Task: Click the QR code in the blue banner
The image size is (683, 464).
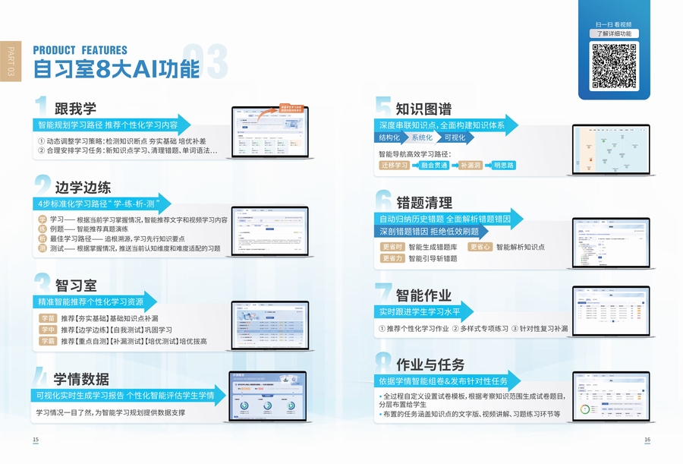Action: [x=614, y=67]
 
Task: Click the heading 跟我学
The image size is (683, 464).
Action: [x=75, y=109]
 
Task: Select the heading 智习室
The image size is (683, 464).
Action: [x=75, y=286]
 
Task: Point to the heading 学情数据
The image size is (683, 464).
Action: [x=81, y=379]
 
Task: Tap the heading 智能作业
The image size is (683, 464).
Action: [x=423, y=295]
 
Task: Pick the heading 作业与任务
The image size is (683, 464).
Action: [x=430, y=365]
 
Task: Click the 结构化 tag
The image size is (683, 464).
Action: [x=389, y=138]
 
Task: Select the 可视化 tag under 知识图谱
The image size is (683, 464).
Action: [x=455, y=138]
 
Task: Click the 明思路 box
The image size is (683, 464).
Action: [x=503, y=165]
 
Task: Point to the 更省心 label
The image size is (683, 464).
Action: [x=480, y=247]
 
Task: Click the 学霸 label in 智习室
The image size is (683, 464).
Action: [x=48, y=341]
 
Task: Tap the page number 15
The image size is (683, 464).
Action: [x=35, y=440]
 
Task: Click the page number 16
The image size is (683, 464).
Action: [x=647, y=440]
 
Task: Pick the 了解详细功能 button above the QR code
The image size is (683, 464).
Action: [x=614, y=33]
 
